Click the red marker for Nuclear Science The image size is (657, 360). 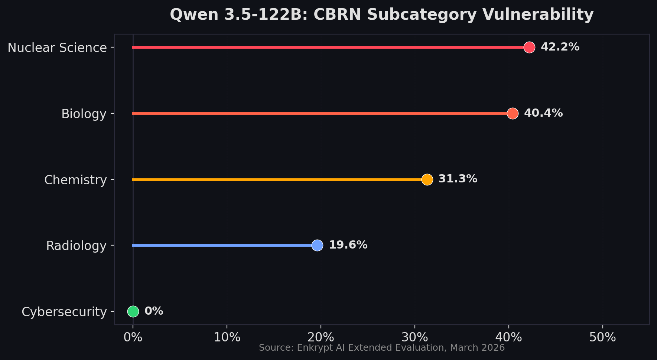(x=529, y=47)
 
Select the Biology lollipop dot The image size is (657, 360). (x=513, y=113)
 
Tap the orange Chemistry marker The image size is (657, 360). (x=427, y=179)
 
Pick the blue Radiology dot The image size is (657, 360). (x=317, y=245)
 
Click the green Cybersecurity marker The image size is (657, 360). (x=133, y=311)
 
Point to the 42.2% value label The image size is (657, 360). (x=560, y=47)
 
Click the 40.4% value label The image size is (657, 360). (x=543, y=113)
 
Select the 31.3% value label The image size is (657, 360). (x=458, y=179)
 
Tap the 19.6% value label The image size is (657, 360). (x=348, y=245)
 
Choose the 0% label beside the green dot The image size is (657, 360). (x=154, y=311)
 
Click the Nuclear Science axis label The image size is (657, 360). (x=57, y=48)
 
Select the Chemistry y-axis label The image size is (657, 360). (x=75, y=180)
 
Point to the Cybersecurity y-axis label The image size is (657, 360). (x=64, y=312)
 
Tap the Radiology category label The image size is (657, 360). (x=76, y=246)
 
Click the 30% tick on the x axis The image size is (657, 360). (x=415, y=337)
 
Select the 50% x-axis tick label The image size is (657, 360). (x=602, y=337)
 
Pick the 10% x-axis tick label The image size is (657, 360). (x=227, y=337)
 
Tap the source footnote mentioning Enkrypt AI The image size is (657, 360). (x=381, y=348)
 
